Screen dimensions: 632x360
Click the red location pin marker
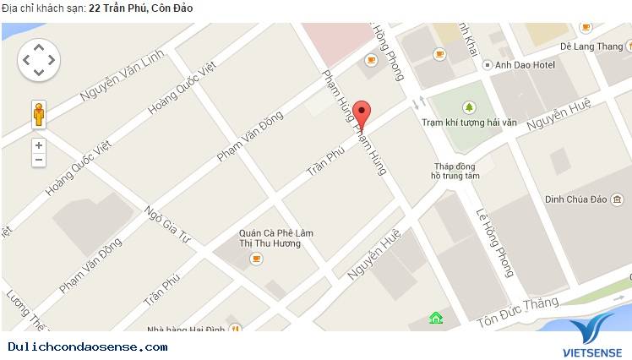[x=362, y=114]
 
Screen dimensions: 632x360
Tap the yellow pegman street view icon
[x=39, y=114]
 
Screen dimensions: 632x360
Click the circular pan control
[x=39, y=60]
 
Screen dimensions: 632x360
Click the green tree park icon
[x=468, y=107]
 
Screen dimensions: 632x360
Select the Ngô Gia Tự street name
[x=166, y=225]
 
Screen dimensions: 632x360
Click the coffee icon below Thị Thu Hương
[x=256, y=259]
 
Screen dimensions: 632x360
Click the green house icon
[x=436, y=318]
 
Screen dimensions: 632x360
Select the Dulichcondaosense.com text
[x=88, y=346]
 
